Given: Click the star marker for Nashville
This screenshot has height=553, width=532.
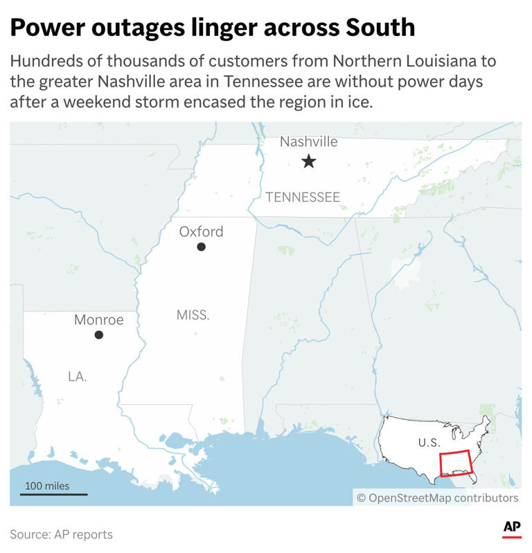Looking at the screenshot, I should click(x=308, y=162).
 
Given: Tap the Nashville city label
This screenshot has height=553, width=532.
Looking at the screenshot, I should click(x=308, y=142).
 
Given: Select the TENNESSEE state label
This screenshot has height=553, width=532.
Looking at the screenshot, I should click(x=303, y=197).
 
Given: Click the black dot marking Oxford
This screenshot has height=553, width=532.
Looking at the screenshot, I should click(x=201, y=247).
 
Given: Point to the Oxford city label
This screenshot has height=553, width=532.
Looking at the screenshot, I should click(x=201, y=231).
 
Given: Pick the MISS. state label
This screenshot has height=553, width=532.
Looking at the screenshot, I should click(x=193, y=315).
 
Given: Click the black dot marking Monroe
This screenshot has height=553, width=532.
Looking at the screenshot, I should click(x=99, y=335).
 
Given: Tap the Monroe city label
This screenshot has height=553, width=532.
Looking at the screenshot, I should click(x=98, y=319).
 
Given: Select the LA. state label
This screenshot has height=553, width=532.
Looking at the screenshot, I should click(x=78, y=376).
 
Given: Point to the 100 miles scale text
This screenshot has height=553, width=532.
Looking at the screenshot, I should click(x=47, y=486).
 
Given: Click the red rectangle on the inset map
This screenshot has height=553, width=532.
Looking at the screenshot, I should click(x=455, y=462).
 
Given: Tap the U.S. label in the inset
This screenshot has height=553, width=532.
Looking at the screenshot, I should click(x=429, y=441).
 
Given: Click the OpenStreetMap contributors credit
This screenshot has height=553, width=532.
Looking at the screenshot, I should click(x=437, y=498).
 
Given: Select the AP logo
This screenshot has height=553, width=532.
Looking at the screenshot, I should click(x=512, y=528).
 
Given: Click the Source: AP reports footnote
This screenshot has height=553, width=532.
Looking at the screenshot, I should click(x=61, y=534).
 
